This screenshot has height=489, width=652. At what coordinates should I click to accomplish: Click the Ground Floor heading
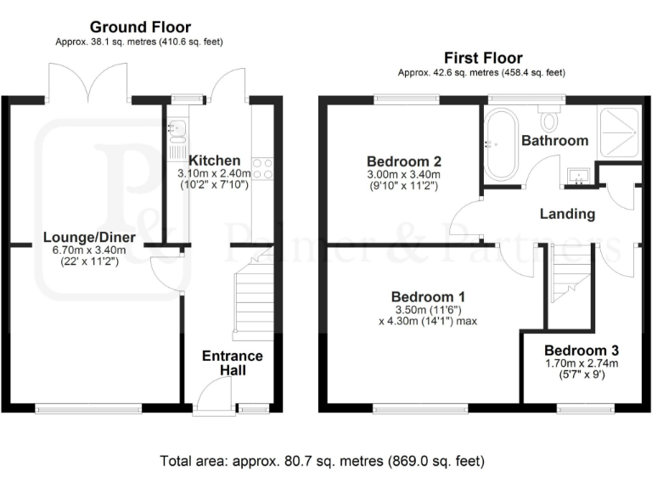140,27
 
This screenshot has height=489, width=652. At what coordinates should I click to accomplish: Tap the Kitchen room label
214,160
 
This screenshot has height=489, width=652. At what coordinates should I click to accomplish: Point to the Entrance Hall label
232,363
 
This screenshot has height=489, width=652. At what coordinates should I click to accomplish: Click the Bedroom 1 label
427,297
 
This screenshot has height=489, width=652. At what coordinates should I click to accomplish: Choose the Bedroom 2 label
402,161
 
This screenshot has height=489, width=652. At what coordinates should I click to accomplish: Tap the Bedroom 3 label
581,350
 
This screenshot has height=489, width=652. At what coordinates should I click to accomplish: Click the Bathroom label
554,140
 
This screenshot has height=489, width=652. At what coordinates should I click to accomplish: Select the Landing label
567,214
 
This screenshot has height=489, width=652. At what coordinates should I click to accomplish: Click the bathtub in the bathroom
499,143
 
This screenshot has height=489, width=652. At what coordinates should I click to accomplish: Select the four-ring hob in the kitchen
261,168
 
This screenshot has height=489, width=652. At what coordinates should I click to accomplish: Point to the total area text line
323,462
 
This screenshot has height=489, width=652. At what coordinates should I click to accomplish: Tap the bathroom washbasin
580,177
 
